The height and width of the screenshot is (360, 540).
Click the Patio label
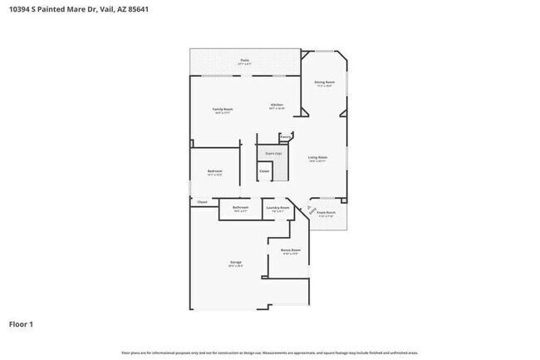(x=245, y=60)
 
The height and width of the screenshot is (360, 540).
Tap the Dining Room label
(x=324, y=82)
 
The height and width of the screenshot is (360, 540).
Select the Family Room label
(x=222, y=110)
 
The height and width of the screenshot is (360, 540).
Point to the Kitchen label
(x=277, y=105)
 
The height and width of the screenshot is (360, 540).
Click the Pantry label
(x=285, y=136)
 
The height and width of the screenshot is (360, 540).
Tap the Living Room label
(x=317, y=157)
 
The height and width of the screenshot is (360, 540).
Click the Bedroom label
(x=214, y=171)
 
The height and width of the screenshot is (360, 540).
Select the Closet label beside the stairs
(x=264, y=171)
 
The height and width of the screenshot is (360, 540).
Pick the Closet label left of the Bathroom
(x=202, y=201)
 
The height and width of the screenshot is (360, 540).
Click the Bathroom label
(x=241, y=207)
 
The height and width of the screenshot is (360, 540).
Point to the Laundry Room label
(x=277, y=207)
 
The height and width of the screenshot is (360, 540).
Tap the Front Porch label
(x=326, y=213)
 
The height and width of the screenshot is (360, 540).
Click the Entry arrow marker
(x=312, y=210)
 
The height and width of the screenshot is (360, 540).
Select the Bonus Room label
(x=290, y=250)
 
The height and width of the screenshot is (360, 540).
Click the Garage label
(x=236, y=263)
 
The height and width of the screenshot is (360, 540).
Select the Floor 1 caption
(x=22, y=323)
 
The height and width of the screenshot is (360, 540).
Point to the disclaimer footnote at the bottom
(x=269, y=353)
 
